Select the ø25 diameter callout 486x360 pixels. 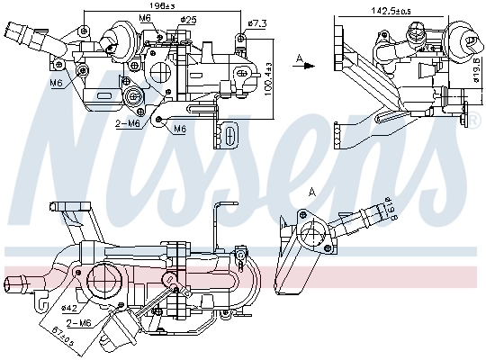(188, 18)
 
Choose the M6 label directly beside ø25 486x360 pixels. (144, 18)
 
